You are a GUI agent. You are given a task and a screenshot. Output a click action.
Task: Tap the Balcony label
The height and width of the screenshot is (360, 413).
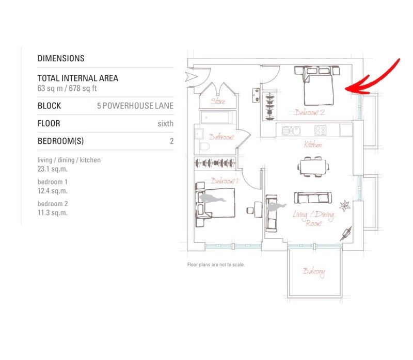click(x=313, y=272)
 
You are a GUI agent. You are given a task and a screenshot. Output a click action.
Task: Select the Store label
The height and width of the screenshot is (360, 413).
click(x=218, y=101)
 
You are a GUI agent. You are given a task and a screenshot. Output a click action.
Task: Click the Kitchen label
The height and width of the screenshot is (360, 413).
click(x=313, y=144)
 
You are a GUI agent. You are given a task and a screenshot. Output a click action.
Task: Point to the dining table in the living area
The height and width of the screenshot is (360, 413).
click(x=313, y=167)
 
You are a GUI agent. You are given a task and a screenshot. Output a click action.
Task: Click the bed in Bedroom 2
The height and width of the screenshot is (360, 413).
click(x=317, y=85)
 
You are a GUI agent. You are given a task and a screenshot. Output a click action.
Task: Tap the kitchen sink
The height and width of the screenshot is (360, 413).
click(x=291, y=130)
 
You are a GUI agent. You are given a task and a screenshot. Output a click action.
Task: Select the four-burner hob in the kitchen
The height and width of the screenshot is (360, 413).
click(x=321, y=130)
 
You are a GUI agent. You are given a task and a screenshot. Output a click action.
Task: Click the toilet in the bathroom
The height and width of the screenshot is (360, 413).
click(x=204, y=146)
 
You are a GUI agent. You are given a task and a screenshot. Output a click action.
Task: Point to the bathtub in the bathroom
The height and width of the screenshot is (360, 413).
click(x=217, y=118)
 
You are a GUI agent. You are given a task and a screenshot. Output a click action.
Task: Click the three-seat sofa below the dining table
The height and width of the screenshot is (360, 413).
click(x=313, y=198)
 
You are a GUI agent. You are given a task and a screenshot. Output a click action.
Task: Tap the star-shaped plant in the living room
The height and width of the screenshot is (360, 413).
click(x=344, y=205)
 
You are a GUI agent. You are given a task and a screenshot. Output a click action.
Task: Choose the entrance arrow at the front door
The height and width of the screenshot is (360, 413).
click(x=191, y=77)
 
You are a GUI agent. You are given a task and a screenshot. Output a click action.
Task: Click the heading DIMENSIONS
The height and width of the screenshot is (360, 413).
click(x=61, y=58)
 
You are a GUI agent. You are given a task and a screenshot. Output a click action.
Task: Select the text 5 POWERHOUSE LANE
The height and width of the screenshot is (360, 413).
click(x=135, y=106)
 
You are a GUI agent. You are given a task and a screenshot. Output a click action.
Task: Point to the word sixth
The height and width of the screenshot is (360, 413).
click(x=165, y=123)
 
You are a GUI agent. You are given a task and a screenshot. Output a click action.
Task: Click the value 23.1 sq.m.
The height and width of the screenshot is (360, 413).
click(x=53, y=169)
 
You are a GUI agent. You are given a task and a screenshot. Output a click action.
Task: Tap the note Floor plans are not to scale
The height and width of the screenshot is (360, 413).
click(x=216, y=265)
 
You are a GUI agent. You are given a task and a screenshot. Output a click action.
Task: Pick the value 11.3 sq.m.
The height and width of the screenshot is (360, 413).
click(x=53, y=212)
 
